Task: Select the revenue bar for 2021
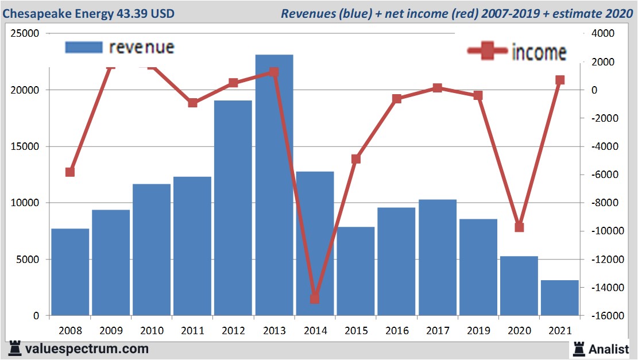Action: tap(559, 298)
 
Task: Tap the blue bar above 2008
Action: tap(70, 272)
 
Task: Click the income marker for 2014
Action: tap(315, 299)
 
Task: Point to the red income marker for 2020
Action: tap(519, 227)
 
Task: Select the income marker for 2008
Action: tap(70, 172)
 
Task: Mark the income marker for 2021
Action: tap(560, 80)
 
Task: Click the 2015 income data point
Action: tap(355, 159)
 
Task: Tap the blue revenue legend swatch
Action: tap(84, 47)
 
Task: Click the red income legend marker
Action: tap(488, 52)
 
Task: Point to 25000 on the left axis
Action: tap(25, 34)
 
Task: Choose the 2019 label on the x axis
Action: tap(478, 331)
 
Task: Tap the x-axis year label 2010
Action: tap(152, 331)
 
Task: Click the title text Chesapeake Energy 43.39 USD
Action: tap(88, 13)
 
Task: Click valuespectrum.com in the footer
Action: tap(87, 349)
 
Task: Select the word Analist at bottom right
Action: tap(609, 349)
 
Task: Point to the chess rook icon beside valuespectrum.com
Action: tap(14, 348)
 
